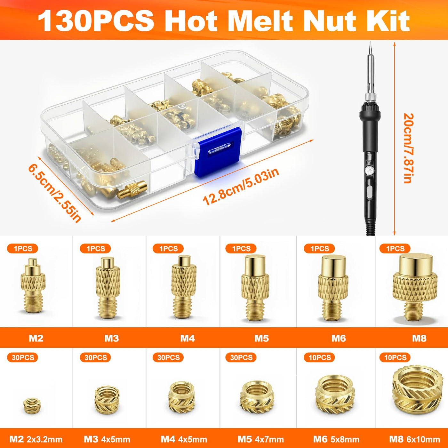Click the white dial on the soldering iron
click(370, 171)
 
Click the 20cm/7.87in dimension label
click(408, 148)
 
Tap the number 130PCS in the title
click(96, 21)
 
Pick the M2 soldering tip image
click(33, 285)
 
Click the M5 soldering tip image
click(255, 288)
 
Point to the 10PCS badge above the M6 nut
click(319, 357)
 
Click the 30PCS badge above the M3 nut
click(95, 357)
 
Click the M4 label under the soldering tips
click(188, 338)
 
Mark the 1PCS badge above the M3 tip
click(95, 249)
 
